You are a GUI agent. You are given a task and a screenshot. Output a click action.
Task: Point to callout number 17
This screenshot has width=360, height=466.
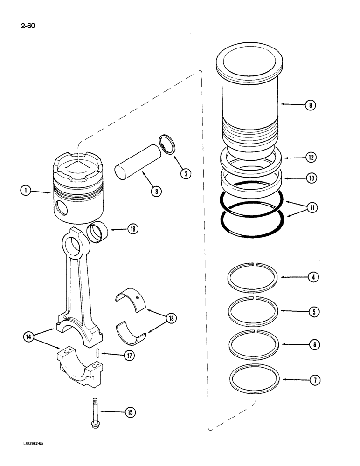(x=129, y=356)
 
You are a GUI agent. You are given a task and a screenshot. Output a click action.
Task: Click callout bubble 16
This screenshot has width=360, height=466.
(x=133, y=229)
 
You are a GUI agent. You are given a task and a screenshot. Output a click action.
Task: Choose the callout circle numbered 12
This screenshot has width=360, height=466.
(x=311, y=158)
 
